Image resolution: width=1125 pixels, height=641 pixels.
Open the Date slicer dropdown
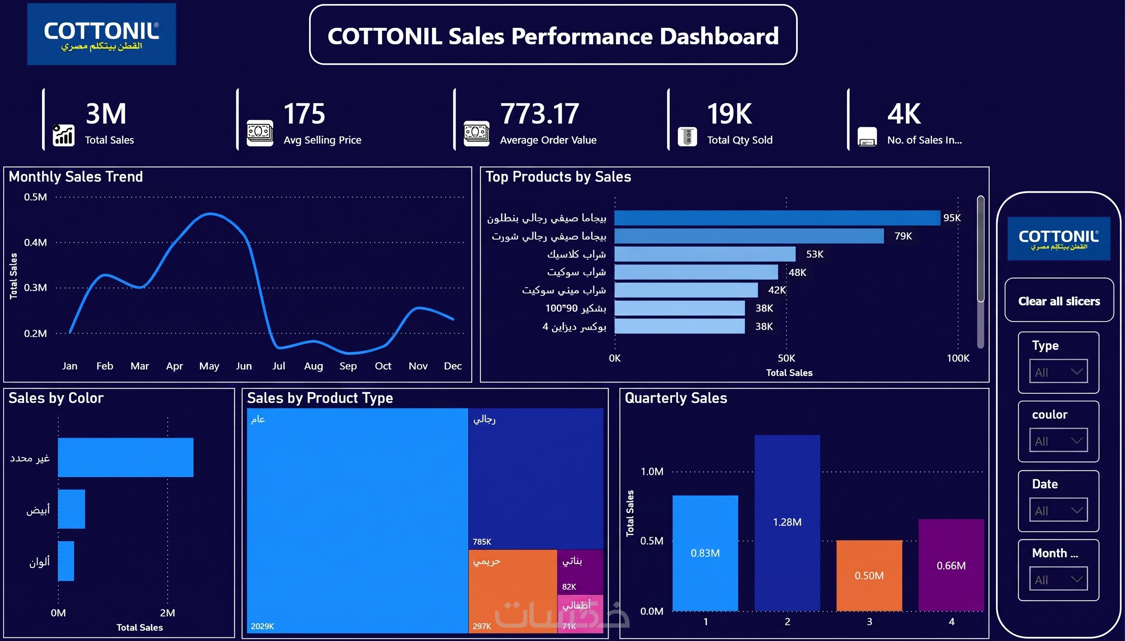(1058, 510)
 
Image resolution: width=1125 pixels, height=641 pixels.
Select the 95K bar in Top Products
(777, 217)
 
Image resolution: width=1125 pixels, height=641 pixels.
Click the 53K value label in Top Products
(814, 254)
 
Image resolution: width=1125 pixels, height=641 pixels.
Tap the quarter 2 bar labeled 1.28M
(787, 522)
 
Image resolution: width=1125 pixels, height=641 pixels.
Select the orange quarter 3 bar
(869, 576)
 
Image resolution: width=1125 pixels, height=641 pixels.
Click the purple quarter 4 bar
(951, 565)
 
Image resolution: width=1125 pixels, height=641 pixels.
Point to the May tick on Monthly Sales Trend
(209, 366)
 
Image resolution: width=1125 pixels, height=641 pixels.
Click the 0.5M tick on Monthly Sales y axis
(35, 197)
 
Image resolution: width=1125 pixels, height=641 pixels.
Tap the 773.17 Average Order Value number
(539, 114)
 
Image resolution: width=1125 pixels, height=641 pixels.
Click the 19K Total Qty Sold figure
(729, 114)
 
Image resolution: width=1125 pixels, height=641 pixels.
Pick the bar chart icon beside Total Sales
(63, 135)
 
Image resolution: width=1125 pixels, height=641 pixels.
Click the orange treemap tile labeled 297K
(512, 591)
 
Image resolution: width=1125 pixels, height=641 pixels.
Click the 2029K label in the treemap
(262, 626)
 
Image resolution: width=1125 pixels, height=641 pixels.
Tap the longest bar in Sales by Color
(125, 457)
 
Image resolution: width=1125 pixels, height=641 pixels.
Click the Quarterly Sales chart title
(676, 398)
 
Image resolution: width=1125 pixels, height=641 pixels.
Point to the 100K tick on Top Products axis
(958, 358)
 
